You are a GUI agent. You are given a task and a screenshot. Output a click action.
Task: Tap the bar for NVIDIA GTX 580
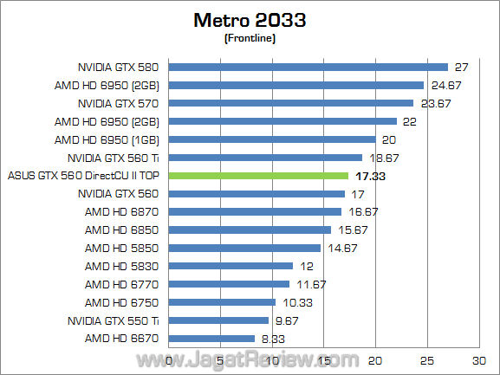click(308, 67)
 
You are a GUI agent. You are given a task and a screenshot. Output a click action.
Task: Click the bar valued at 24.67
click(295, 85)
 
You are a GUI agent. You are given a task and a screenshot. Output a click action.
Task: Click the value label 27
click(461, 67)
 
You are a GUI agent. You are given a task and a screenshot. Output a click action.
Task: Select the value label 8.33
click(273, 339)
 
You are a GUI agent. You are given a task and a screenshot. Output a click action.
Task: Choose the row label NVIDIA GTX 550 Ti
click(114, 320)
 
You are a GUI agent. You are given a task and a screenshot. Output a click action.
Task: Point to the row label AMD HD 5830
click(123, 266)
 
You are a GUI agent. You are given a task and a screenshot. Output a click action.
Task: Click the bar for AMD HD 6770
click(229, 284)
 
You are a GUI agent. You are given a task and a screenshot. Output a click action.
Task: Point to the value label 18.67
click(384, 158)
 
